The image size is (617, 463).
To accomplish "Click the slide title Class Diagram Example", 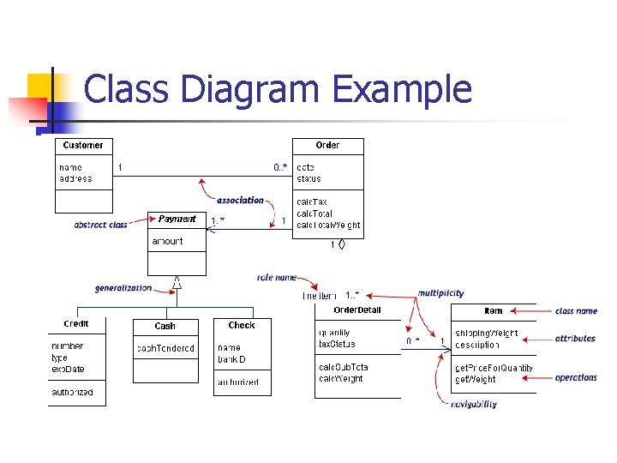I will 278,89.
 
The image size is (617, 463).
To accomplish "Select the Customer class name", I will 83,146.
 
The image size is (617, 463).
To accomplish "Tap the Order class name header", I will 327,146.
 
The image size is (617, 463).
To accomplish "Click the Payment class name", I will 177,219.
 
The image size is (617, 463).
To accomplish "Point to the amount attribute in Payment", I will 167,242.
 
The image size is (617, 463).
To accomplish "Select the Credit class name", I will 76,324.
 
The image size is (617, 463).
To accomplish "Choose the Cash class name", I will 165,326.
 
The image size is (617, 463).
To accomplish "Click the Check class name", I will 242,325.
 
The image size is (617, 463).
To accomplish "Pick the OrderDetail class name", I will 357,310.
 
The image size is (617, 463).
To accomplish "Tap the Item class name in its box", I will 494,311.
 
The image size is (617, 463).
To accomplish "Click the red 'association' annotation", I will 240,201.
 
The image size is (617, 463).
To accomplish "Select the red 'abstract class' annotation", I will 100,225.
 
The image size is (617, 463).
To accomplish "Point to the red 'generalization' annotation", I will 123,288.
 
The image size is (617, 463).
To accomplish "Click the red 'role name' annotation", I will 277,278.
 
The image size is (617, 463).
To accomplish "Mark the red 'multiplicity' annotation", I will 441,293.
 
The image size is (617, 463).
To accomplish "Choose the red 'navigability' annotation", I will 473,404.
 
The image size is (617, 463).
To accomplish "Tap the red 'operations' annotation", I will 576,378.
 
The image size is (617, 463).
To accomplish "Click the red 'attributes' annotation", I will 575,339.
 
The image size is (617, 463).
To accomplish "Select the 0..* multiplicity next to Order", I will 280,167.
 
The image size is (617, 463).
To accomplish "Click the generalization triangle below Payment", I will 177,284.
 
